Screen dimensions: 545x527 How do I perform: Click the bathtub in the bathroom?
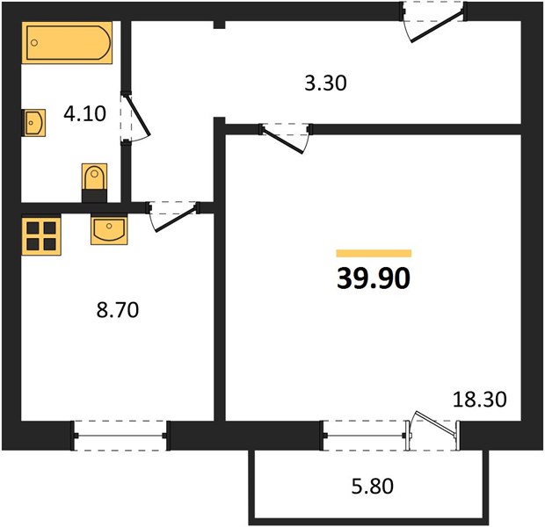pos(67,43)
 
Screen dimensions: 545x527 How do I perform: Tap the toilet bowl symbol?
pos(94,183)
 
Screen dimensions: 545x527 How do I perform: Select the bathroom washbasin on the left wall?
pos(33,123)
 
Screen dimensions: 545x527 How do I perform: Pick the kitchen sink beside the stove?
pos(109,229)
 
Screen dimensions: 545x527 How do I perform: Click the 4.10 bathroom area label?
pos(84,113)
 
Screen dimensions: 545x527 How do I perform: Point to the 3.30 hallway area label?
pos(325,83)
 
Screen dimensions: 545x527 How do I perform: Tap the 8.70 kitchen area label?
pos(118,310)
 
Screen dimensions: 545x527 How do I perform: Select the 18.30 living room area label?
pos(480,399)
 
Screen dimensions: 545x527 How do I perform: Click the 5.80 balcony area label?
pos(373,486)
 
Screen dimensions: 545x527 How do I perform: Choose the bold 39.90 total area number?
pos(374,279)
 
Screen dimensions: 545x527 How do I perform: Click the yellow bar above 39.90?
pos(374,253)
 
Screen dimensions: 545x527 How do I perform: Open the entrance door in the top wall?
pos(436,27)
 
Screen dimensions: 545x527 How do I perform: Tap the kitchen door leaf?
pos(175,220)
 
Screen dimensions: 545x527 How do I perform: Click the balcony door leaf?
pos(436,422)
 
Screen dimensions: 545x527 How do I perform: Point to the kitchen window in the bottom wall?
pos(120,436)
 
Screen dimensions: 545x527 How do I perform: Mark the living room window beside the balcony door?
pos(364,436)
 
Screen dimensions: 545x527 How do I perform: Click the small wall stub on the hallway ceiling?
pos(219,25)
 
